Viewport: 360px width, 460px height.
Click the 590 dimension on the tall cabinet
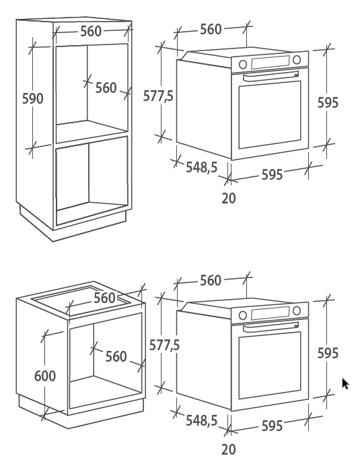coord(33,98)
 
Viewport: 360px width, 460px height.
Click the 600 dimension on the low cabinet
coord(45,376)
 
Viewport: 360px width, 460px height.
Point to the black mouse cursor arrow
coord(345,384)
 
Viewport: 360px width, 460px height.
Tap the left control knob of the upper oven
coord(243,64)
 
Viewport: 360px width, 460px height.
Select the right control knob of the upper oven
coord(297,59)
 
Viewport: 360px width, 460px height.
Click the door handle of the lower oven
coord(271,326)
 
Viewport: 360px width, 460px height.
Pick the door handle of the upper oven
coord(271,75)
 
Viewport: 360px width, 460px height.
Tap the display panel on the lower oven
coord(270,313)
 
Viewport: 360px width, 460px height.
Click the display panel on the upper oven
coord(270,62)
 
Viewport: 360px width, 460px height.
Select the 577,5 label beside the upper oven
coord(158,96)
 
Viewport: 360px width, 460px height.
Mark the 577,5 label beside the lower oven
coord(164,345)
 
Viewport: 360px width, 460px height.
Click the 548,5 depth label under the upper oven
coord(202,167)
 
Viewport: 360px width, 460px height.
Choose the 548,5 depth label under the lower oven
coord(202,421)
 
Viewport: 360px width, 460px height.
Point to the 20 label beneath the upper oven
coord(228,198)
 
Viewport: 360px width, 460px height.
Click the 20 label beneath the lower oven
coord(228,449)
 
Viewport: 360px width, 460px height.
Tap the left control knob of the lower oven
coord(243,315)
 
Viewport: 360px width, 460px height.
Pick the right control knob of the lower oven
coord(297,310)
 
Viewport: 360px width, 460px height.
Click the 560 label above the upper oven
coord(211,30)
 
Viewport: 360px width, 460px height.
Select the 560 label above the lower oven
coord(211,280)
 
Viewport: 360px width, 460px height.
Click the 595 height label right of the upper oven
coord(328,102)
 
